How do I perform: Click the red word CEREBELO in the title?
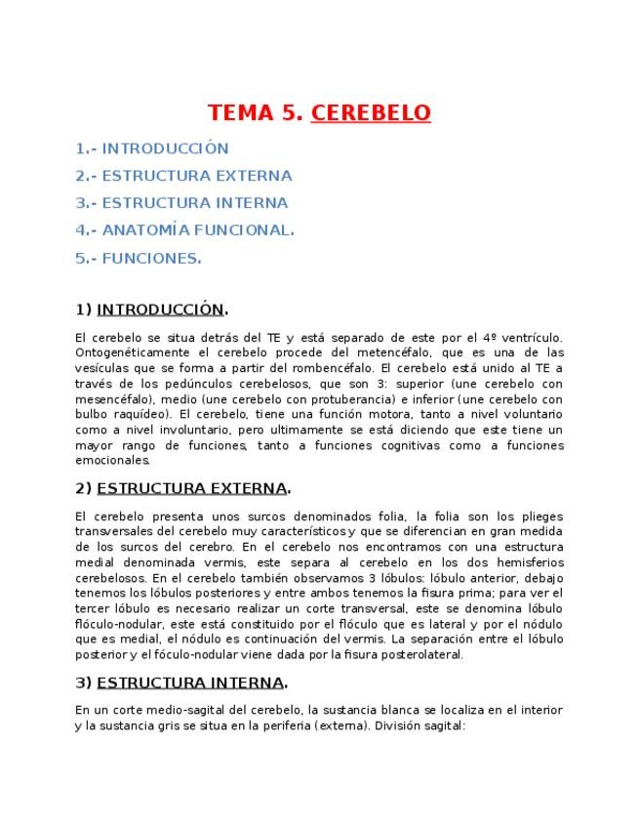371,113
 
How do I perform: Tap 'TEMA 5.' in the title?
256,113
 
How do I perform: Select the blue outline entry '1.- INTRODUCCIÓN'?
152,148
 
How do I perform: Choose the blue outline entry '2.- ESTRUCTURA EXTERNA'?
183,176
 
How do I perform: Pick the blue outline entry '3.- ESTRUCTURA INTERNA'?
181,203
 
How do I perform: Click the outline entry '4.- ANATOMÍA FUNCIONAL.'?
184,230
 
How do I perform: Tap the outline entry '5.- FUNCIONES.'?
139,258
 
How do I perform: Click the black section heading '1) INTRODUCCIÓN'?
151,310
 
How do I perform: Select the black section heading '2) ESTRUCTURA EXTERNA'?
182,488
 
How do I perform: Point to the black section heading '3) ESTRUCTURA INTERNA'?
180,682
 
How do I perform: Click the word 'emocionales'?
112,459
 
